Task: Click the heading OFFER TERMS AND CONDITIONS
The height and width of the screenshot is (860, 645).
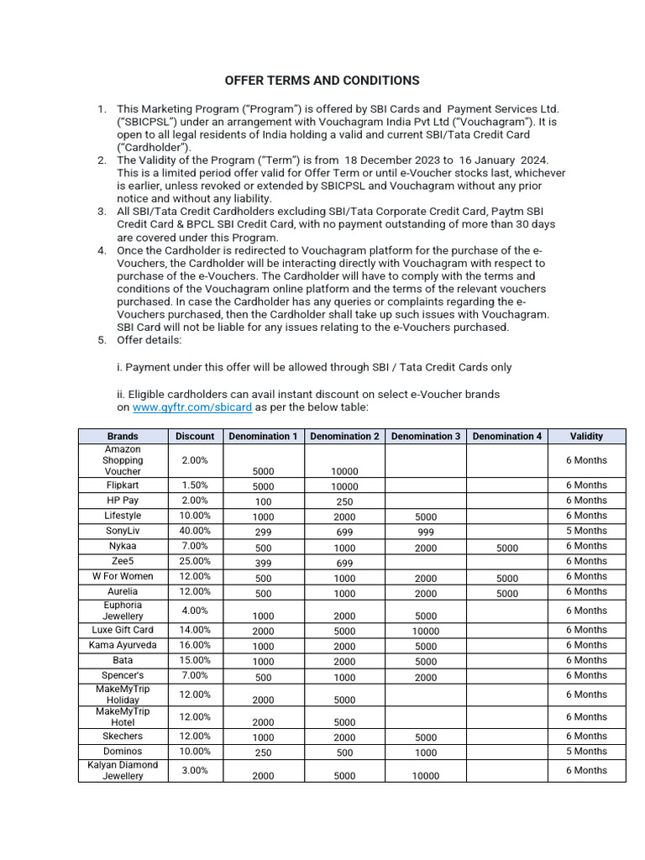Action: pyautogui.click(x=322, y=81)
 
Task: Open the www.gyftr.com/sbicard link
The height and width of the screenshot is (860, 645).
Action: pyautogui.click(x=192, y=407)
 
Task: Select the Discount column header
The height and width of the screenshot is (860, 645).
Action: pyautogui.click(x=195, y=436)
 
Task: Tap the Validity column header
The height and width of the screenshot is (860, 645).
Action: pyautogui.click(x=586, y=436)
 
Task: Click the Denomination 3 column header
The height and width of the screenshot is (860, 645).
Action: pyautogui.click(x=426, y=436)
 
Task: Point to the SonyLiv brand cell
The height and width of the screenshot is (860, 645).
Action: pyautogui.click(x=123, y=531)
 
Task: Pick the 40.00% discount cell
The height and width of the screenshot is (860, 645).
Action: pyautogui.click(x=195, y=531)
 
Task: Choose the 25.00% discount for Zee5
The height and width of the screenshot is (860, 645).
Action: pyautogui.click(x=195, y=561)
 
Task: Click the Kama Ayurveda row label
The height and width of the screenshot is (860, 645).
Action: pyautogui.click(x=123, y=645)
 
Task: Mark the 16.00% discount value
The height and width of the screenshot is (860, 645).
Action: pyautogui.click(x=195, y=645)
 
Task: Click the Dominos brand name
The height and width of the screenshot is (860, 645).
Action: pyautogui.click(x=123, y=751)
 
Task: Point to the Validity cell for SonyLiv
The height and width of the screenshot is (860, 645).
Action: pyautogui.click(x=586, y=531)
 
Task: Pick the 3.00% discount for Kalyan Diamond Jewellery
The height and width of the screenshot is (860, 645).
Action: pyautogui.click(x=195, y=770)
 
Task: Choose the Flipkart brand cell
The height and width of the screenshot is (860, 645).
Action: pyautogui.click(x=123, y=485)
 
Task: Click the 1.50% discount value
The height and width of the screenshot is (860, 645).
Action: pyautogui.click(x=195, y=485)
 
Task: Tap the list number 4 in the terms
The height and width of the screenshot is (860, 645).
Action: pyautogui.click(x=102, y=250)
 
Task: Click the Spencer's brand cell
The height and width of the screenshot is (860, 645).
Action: pyautogui.click(x=123, y=675)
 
